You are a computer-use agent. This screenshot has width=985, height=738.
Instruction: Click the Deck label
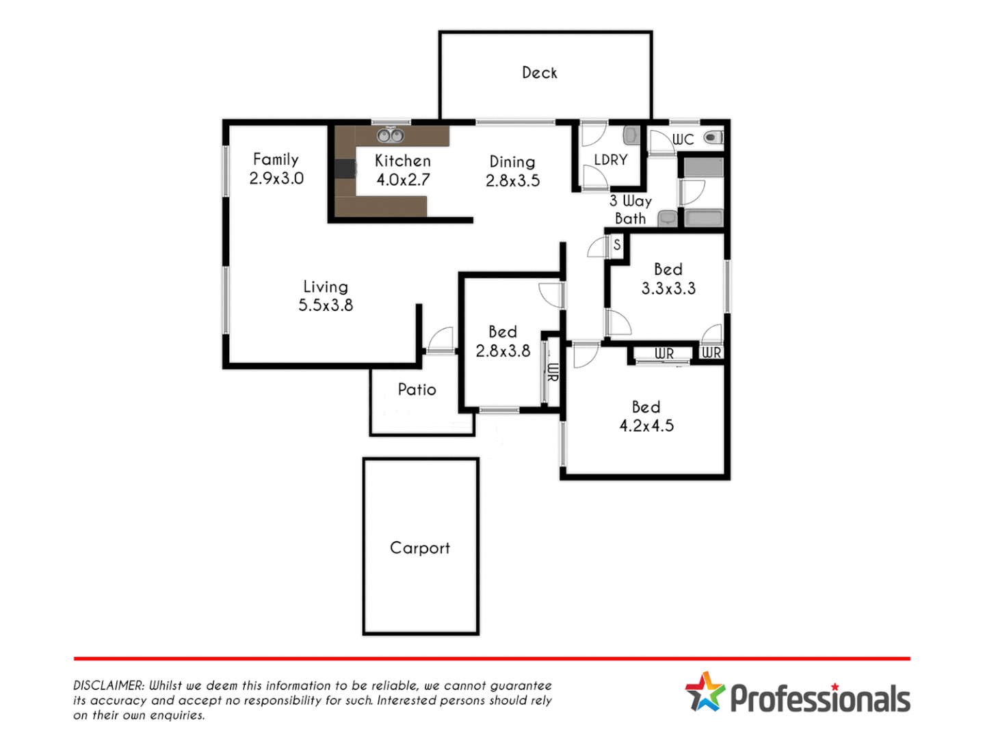tap(539, 72)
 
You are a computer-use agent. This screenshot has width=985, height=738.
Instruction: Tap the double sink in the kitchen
tap(390, 135)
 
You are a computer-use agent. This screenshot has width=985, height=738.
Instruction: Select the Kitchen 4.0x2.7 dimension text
tap(403, 180)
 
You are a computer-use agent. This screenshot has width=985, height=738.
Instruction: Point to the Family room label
tap(276, 159)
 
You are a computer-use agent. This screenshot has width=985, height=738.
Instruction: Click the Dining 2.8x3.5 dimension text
tap(512, 180)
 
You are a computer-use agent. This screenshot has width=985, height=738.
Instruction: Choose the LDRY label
tap(610, 160)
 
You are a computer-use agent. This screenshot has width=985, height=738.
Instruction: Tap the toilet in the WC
tap(713, 137)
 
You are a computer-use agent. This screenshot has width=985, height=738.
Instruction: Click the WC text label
tap(683, 139)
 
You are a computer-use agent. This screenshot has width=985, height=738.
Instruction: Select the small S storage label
tap(617, 244)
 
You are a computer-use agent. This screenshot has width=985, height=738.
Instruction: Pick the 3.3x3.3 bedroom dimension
tap(668, 288)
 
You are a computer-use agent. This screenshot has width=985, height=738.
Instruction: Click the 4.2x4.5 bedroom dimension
tap(646, 426)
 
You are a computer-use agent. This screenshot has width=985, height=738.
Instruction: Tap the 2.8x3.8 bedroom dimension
tap(503, 351)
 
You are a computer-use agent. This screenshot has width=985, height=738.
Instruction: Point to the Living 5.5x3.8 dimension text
tap(326, 305)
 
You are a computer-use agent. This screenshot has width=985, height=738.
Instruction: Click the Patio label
tap(417, 389)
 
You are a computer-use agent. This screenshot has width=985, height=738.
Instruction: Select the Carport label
tap(420, 548)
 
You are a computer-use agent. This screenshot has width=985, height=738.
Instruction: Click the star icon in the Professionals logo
tap(705, 692)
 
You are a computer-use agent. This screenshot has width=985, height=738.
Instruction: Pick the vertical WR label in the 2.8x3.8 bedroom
tap(553, 372)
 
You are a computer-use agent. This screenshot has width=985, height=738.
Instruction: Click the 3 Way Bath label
tap(630, 210)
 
